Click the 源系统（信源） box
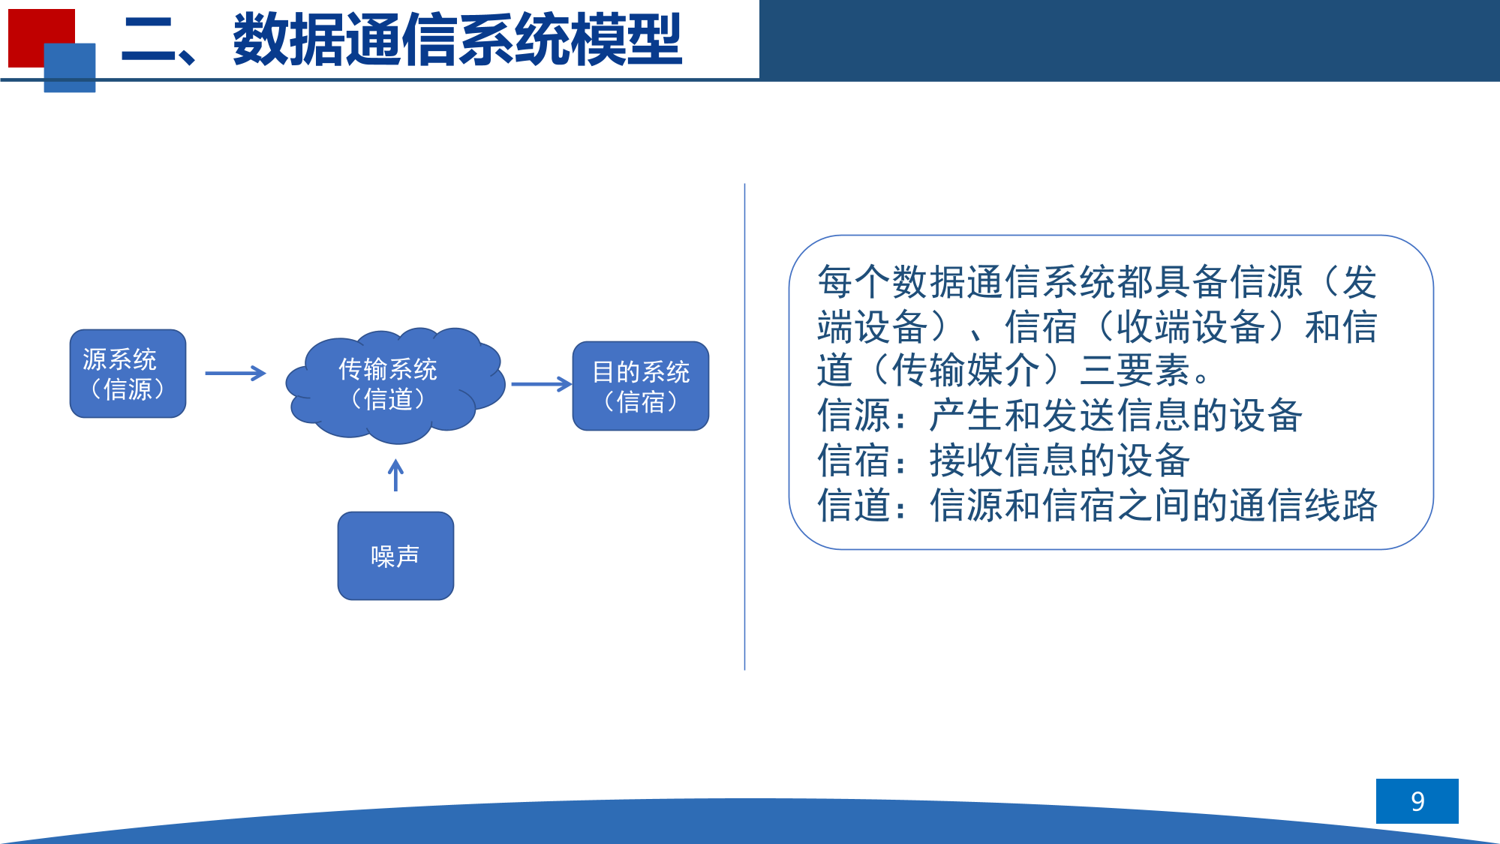click(128, 374)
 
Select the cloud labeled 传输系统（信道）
click(394, 384)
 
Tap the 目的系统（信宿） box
click(640, 386)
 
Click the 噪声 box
click(395, 556)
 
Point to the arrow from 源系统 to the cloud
click(236, 373)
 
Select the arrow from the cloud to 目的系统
click(541, 384)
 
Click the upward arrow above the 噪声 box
click(395, 476)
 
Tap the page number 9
click(1417, 801)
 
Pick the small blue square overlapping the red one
click(70, 68)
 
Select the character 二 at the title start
click(149, 40)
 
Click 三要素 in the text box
click(1135, 370)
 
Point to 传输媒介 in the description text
click(966, 370)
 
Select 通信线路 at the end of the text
click(1303, 505)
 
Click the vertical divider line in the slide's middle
click(744, 426)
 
